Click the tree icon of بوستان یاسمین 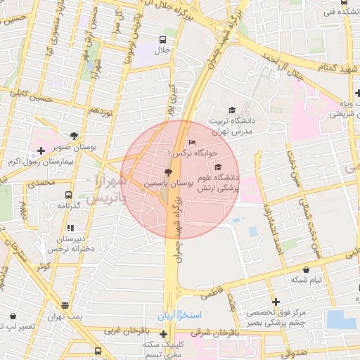[167, 172]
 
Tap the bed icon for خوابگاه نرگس [193, 143]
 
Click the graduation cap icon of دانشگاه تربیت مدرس [232, 110]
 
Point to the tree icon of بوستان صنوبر [75, 136]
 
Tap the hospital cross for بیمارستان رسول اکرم [41, 150]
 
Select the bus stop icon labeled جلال [162, 39]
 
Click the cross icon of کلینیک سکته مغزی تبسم [164, 333]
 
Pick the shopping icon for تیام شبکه [306, 269]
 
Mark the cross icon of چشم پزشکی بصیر [276, 301]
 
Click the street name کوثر [44, 267]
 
